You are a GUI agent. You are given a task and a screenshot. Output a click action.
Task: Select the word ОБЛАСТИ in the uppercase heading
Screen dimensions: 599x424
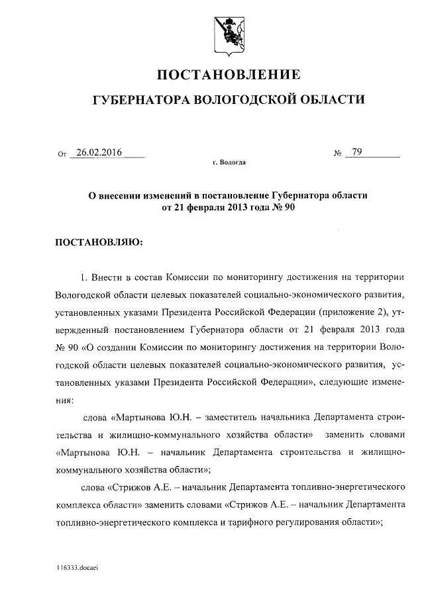pos(332,100)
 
